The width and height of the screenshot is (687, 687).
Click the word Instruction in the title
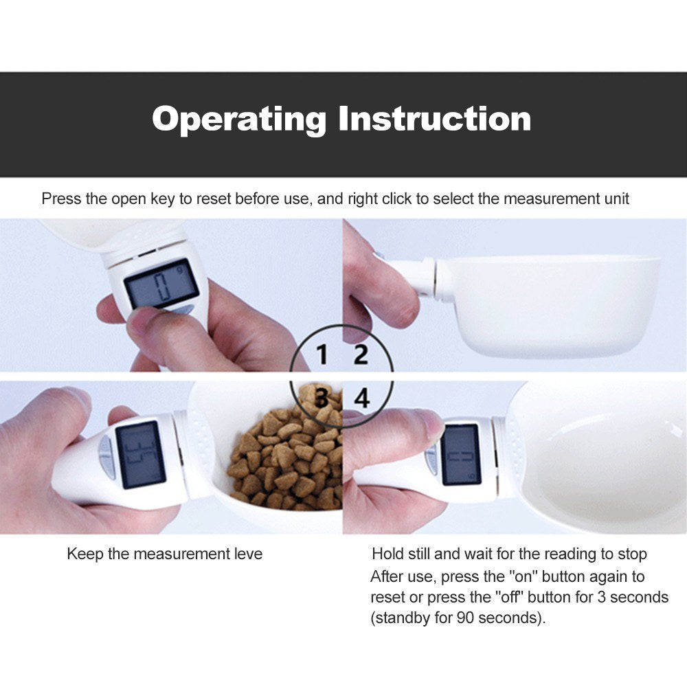434,119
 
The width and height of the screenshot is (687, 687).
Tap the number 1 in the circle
322,355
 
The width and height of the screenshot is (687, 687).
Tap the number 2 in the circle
361,355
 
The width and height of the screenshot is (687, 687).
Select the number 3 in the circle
322,396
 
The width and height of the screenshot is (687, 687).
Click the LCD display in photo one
161,283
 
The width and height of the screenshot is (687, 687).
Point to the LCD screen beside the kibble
140,454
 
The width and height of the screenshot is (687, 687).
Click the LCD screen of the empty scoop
460,454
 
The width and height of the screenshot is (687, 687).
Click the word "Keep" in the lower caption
83,554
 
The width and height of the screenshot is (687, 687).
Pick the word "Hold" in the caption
387,554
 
